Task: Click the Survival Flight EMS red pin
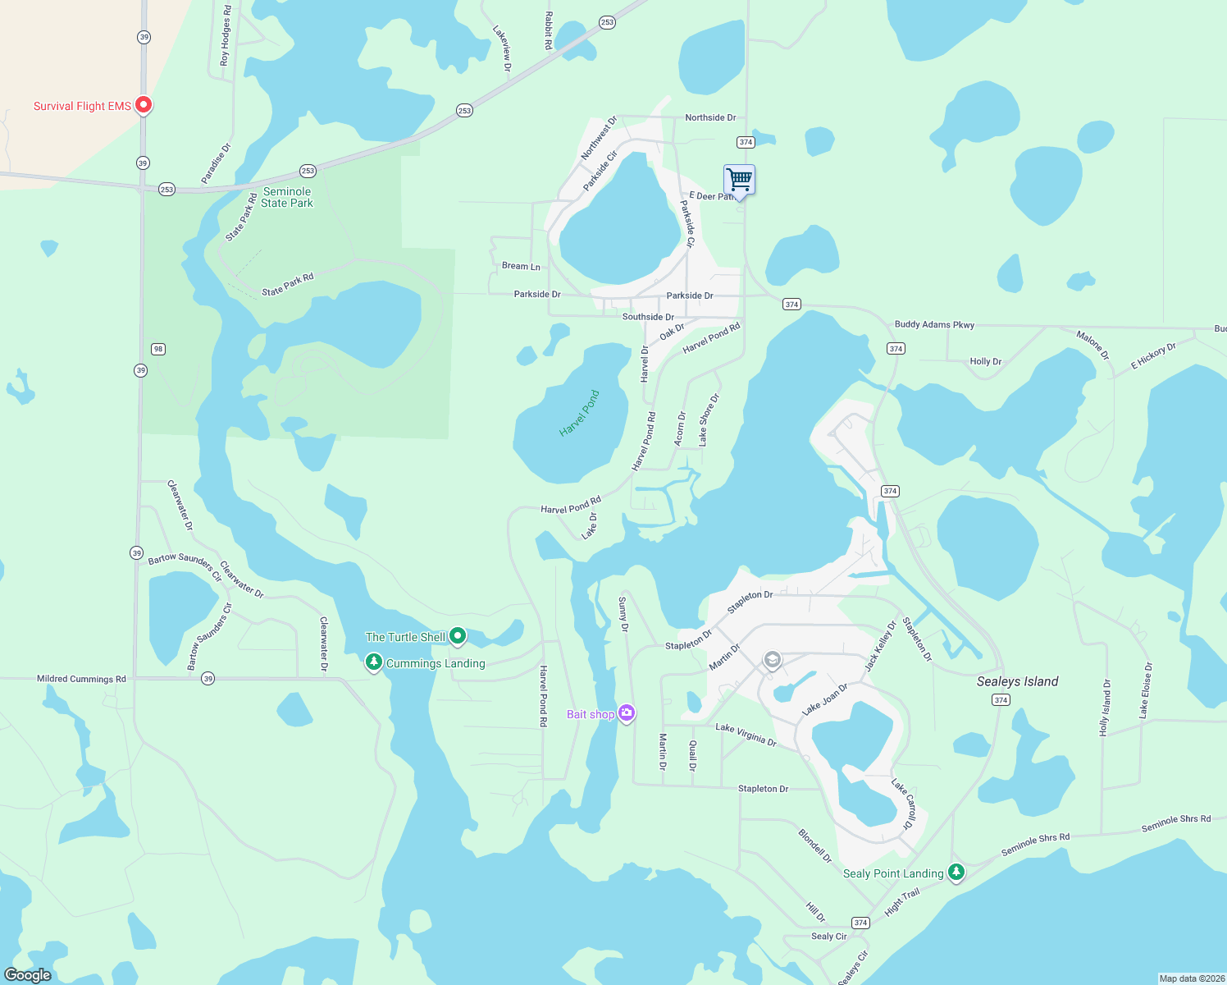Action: tap(144, 104)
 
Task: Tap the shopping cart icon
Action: tap(739, 179)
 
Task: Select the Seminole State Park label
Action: tap(287, 197)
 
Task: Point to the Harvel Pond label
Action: tap(579, 413)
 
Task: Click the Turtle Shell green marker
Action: tap(458, 636)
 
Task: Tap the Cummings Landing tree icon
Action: tap(374, 662)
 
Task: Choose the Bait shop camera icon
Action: tap(627, 713)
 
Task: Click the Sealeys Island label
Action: tap(1017, 681)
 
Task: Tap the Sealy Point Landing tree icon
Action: tap(956, 872)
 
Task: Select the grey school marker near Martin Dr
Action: tap(772, 660)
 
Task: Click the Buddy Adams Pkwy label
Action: tap(934, 324)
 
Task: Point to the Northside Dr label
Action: tap(710, 117)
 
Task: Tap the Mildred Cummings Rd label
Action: tap(81, 679)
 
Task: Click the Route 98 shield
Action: tap(158, 349)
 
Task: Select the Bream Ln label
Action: tap(521, 266)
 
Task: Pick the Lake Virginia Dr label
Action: tap(746, 734)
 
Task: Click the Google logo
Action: tap(28, 974)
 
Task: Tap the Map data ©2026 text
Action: tap(1191, 978)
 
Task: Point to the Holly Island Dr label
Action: tap(1105, 707)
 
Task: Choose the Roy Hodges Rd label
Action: tap(226, 35)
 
